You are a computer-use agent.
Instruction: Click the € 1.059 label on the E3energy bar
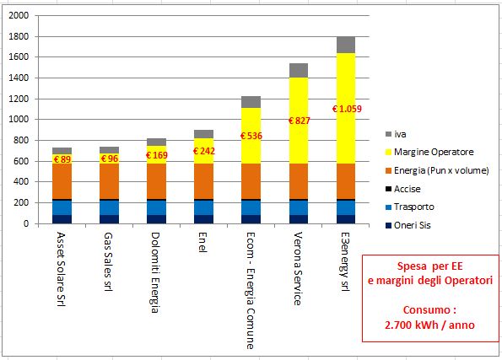point(346,109)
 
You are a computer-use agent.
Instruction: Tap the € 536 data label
point(251,136)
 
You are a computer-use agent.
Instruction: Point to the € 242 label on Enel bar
point(204,151)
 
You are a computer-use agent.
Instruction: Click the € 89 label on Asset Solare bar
point(62,159)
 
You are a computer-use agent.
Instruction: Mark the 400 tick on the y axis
point(20,182)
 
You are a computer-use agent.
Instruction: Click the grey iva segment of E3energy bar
point(346,45)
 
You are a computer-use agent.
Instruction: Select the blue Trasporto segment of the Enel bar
point(204,207)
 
